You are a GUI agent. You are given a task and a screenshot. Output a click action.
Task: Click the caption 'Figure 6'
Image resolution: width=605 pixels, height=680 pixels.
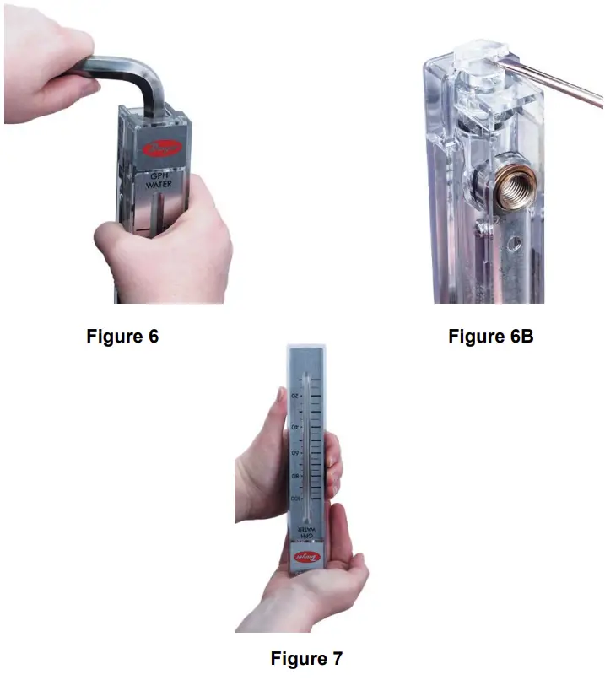pyautogui.click(x=122, y=336)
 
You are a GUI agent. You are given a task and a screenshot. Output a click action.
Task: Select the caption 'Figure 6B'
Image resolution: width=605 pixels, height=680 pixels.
pyautogui.click(x=490, y=336)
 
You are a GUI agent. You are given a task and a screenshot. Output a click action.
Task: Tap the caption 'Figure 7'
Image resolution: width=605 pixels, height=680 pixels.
pyautogui.click(x=306, y=657)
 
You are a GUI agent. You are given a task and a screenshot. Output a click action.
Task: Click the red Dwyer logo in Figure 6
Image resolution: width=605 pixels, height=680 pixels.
pyautogui.click(x=159, y=149)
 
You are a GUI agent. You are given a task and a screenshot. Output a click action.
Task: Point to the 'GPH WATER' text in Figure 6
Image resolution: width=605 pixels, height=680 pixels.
pyautogui.click(x=158, y=179)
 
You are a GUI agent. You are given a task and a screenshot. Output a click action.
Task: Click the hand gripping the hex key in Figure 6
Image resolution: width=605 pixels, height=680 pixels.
pyautogui.click(x=51, y=59)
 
